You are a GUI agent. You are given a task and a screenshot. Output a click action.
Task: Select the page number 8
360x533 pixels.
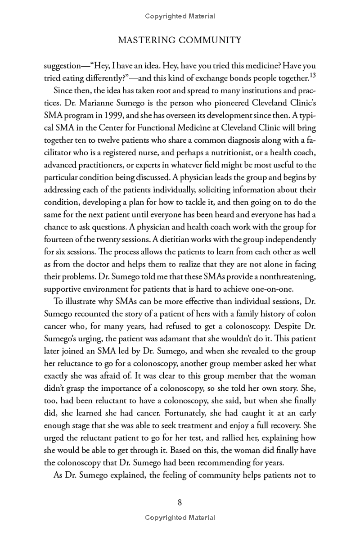point(180,502)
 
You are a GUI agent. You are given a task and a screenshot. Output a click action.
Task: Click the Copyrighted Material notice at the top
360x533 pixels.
point(180,16)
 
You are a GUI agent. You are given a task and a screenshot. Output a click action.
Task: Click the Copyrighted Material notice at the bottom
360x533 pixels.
point(180,518)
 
